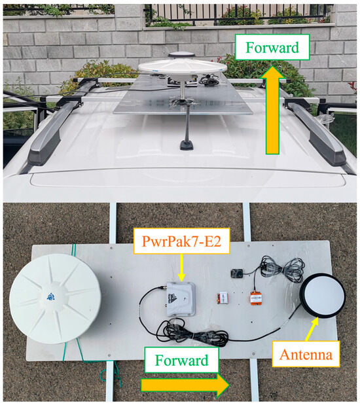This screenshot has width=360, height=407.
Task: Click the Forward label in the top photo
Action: pos(273,47)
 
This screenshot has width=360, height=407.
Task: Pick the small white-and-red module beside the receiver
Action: pos(224,298)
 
